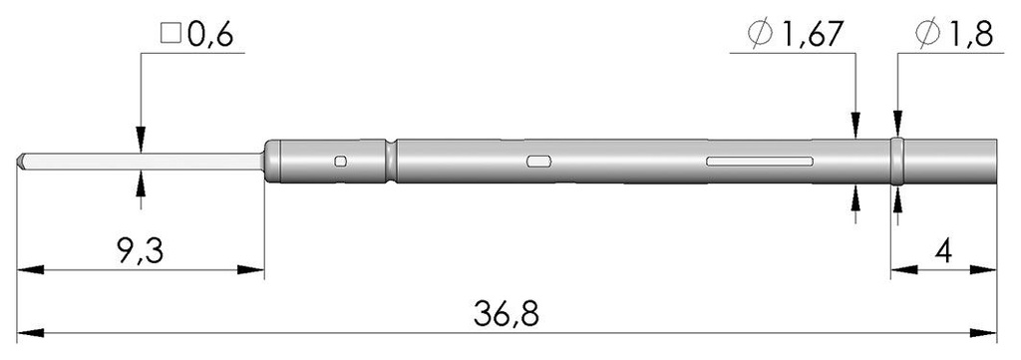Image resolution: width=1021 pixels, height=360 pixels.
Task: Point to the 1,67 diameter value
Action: tap(811, 37)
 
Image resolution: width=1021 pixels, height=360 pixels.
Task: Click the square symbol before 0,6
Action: tap(169, 37)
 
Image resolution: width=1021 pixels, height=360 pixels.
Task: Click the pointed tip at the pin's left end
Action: tap(21, 160)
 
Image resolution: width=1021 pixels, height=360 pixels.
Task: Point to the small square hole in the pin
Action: tap(341, 162)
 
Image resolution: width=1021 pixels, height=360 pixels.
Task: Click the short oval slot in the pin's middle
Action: tap(538, 161)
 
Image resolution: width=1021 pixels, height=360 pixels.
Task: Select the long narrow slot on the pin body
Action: tap(759, 161)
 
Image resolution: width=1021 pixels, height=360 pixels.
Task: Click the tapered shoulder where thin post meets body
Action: tap(267, 161)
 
